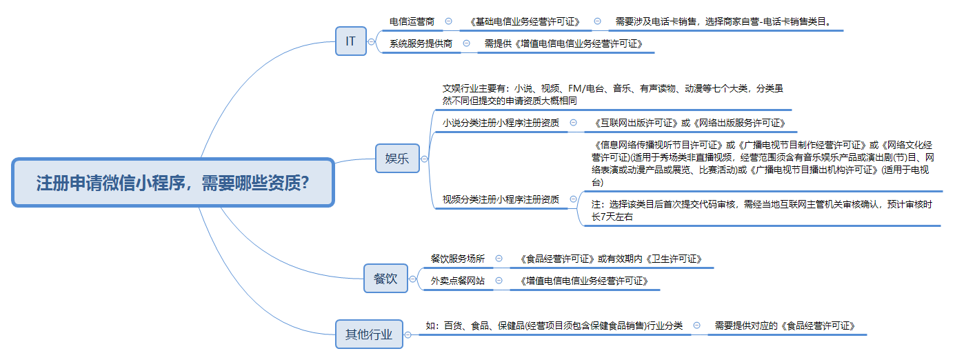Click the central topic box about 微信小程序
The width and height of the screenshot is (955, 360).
pyautogui.click(x=173, y=183)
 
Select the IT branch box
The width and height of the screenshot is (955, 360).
pyautogui.click(x=350, y=41)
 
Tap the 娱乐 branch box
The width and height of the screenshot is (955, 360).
pyautogui.click(x=397, y=158)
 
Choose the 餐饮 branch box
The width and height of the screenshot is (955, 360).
pyautogui.click(x=385, y=279)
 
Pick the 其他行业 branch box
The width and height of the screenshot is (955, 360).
pyautogui.click(x=369, y=334)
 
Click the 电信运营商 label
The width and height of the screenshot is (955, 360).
pyautogui.click(x=412, y=21)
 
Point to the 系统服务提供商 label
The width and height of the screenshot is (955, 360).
pyautogui.click(x=421, y=43)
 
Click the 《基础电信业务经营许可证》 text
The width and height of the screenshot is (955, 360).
pyautogui.click(x=525, y=21)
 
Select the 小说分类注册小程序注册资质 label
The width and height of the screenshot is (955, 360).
pyautogui.click(x=501, y=123)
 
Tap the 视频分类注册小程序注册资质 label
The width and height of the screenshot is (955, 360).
pyautogui.click(x=501, y=199)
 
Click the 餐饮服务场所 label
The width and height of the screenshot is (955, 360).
pyautogui.click(x=457, y=259)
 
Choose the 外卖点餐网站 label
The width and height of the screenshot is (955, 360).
pyautogui.click(x=457, y=281)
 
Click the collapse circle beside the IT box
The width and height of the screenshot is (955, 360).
pyautogui.click(x=372, y=42)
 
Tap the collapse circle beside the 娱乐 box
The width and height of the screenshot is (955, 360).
pyautogui.click(x=424, y=159)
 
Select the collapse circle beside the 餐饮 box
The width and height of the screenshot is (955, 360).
pyautogui.click(x=413, y=279)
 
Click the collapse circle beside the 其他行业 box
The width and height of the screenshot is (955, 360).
pyautogui.click(x=408, y=335)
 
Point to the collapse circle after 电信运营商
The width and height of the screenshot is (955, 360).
pyautogui.click(x=448, y=21)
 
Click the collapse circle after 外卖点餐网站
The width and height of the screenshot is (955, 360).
pyautogui.click(x=499, y=280)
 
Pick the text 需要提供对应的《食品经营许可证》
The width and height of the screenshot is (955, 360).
pyautogui.click(x=785, y=326)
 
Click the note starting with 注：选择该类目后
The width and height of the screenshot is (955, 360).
pyautogui.click(x=761, y=210)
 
